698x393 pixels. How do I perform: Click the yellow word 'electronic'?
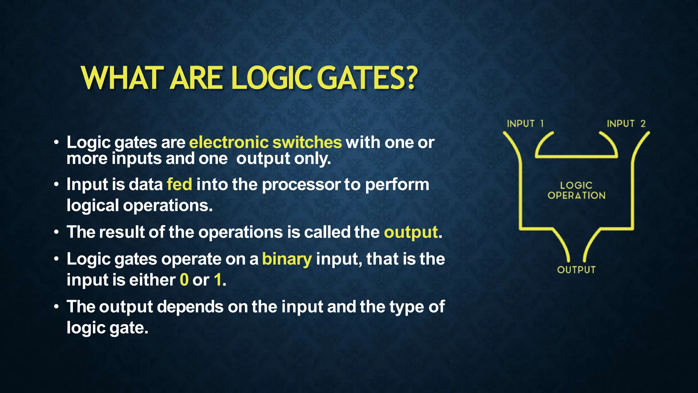229,142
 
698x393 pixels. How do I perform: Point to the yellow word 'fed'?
179,185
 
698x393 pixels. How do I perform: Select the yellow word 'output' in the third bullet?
411,233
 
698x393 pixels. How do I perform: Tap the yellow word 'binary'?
287,259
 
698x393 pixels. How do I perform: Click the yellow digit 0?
184,280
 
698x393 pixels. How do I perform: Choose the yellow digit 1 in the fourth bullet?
218,280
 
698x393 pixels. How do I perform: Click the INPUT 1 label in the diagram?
525,123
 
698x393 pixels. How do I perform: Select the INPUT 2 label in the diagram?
626,123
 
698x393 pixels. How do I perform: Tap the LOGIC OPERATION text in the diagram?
576,190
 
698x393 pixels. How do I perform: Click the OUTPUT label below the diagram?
576,270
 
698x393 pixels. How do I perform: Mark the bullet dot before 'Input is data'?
56,185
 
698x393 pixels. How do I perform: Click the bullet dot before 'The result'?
56,232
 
